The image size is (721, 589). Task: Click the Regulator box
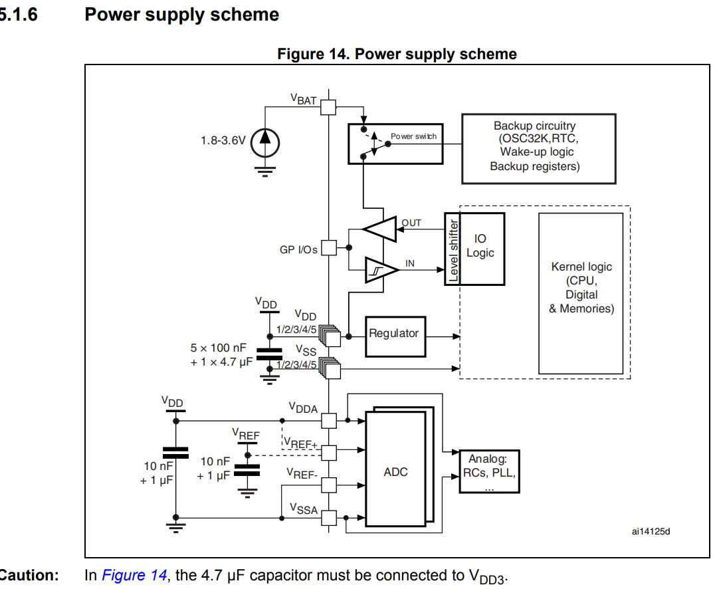(x=394, y=334)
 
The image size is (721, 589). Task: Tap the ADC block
(x=396, y=472)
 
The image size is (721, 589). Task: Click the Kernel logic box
(x=581, y=293)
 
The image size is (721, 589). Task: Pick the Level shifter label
(x=453, y=250)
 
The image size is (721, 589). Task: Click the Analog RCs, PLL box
(x=489, y=472)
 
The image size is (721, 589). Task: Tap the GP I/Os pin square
(x=329, y=249)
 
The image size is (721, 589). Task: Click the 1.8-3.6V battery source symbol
(x=265, y=142)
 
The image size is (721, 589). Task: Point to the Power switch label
(x=413, y=136)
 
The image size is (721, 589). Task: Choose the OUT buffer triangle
(x=379, y=229)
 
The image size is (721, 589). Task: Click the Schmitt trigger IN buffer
(x=381, y=269)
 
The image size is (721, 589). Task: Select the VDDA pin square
(x=329, y=420)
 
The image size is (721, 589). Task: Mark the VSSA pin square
(x=329, y=517)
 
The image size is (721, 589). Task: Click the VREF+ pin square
(x=329, y=453)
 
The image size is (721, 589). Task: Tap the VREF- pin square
(x=329, y=485)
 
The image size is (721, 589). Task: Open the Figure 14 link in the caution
(x=134, y=576)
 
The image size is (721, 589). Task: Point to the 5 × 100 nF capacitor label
(x=219, y=348)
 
